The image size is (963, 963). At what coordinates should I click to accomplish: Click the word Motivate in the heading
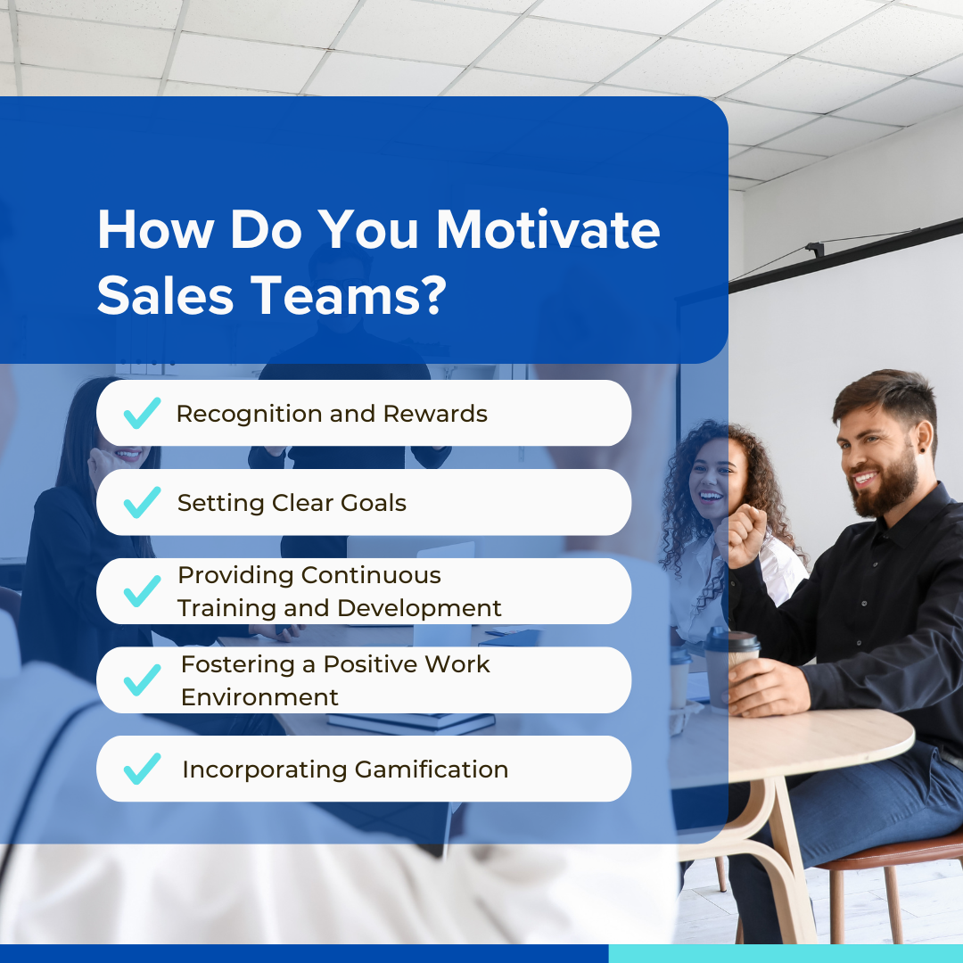pos(547,231)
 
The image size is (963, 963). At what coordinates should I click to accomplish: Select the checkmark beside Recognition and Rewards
pos(142,413)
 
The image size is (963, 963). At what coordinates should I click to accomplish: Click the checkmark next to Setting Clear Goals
pos(142,502)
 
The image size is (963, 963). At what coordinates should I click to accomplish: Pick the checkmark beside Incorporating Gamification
pos(142,769)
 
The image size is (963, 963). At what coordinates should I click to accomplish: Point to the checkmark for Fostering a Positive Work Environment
pos(142,679)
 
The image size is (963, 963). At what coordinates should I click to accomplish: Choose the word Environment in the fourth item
pos(259,697)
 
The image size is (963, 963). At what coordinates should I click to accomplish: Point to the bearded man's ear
pos(927,442)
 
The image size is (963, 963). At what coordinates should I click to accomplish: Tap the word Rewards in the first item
pos(443,414)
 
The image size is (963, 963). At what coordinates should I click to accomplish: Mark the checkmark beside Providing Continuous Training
pos(142,591)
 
